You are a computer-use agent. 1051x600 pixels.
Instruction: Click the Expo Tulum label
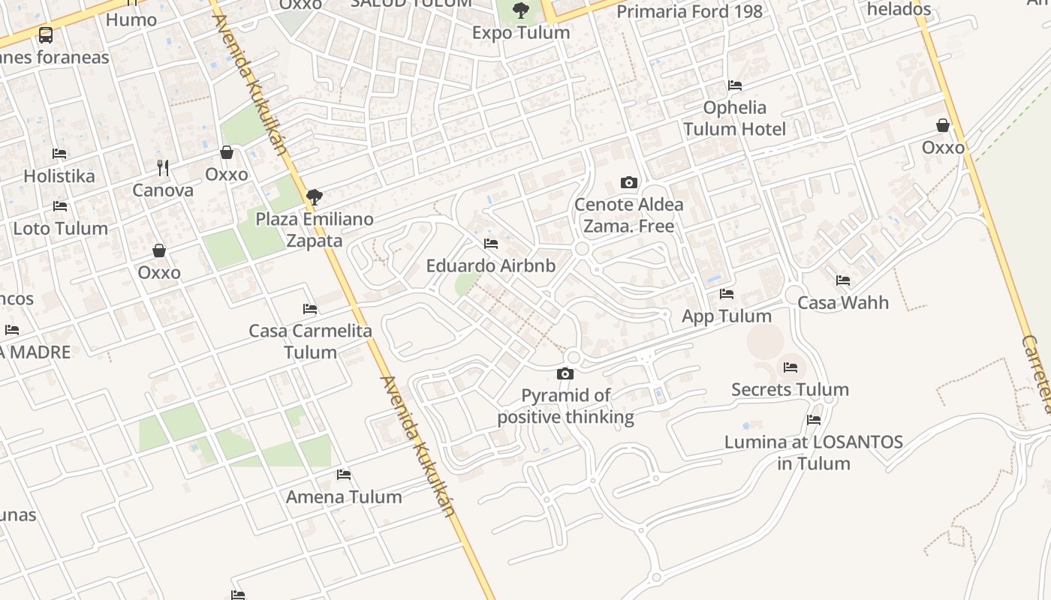(520, 33)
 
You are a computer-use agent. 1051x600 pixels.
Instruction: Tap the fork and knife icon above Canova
(163, 166)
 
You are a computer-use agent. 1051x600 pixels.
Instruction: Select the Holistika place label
(59, 176)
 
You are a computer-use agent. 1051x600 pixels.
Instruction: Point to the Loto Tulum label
(61, 228)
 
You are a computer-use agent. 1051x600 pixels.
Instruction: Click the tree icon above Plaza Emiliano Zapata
(315, 197)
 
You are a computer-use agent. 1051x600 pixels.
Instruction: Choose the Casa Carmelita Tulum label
(310, 341)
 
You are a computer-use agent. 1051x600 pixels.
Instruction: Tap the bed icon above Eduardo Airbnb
(491, 244)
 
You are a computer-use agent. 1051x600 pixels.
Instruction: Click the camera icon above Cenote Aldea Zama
(629, 182)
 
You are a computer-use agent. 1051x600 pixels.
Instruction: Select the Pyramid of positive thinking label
(566, 406)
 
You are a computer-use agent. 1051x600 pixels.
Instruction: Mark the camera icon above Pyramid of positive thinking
(565, 373)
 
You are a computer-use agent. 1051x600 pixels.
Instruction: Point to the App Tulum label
(726, 316)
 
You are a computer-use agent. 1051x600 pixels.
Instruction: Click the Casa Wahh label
(842, 303)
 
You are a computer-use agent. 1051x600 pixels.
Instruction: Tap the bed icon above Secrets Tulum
(791, 367)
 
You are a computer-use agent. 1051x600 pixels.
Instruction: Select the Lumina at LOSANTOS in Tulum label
(814, 452)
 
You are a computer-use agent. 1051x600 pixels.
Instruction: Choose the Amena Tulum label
(344, 496)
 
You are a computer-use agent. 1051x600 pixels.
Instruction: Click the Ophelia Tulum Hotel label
(735, 118)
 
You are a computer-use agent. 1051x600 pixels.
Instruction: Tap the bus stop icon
(46, 34)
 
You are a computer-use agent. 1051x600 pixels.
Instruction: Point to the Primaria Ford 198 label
(689, 11)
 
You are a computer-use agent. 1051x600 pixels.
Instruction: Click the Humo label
(131, 19)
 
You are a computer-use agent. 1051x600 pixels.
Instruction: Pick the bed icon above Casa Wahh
(843, 280)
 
